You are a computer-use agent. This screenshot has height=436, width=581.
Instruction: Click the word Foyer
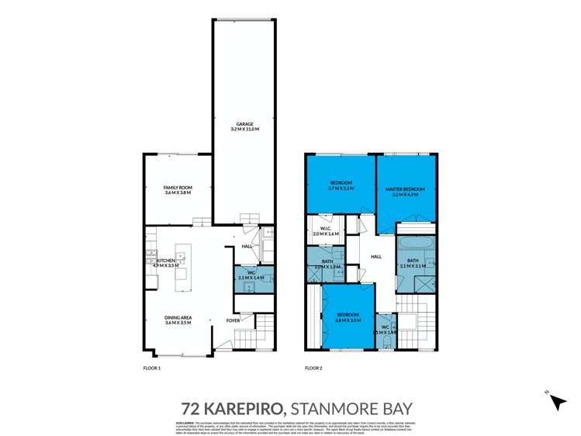[233, 320]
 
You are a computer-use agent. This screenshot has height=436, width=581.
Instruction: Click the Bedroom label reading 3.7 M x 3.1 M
[341, 185]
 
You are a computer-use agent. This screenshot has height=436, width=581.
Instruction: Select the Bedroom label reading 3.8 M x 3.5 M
[346, 317]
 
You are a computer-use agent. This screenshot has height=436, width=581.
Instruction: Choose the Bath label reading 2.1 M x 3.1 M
[413, 262]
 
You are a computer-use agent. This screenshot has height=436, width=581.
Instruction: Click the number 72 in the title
[191, 407]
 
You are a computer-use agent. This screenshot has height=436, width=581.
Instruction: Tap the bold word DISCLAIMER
[183, 421]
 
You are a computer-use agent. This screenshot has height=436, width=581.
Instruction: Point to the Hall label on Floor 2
[376, 257]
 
